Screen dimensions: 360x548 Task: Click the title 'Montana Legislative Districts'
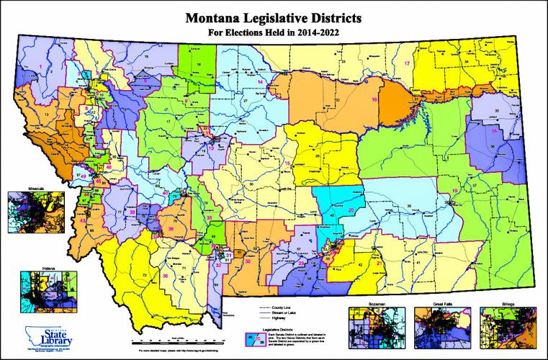274,15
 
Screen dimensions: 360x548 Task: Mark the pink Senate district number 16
374,99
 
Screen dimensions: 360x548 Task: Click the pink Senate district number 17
407,64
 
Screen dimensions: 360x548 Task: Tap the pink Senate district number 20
351,210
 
